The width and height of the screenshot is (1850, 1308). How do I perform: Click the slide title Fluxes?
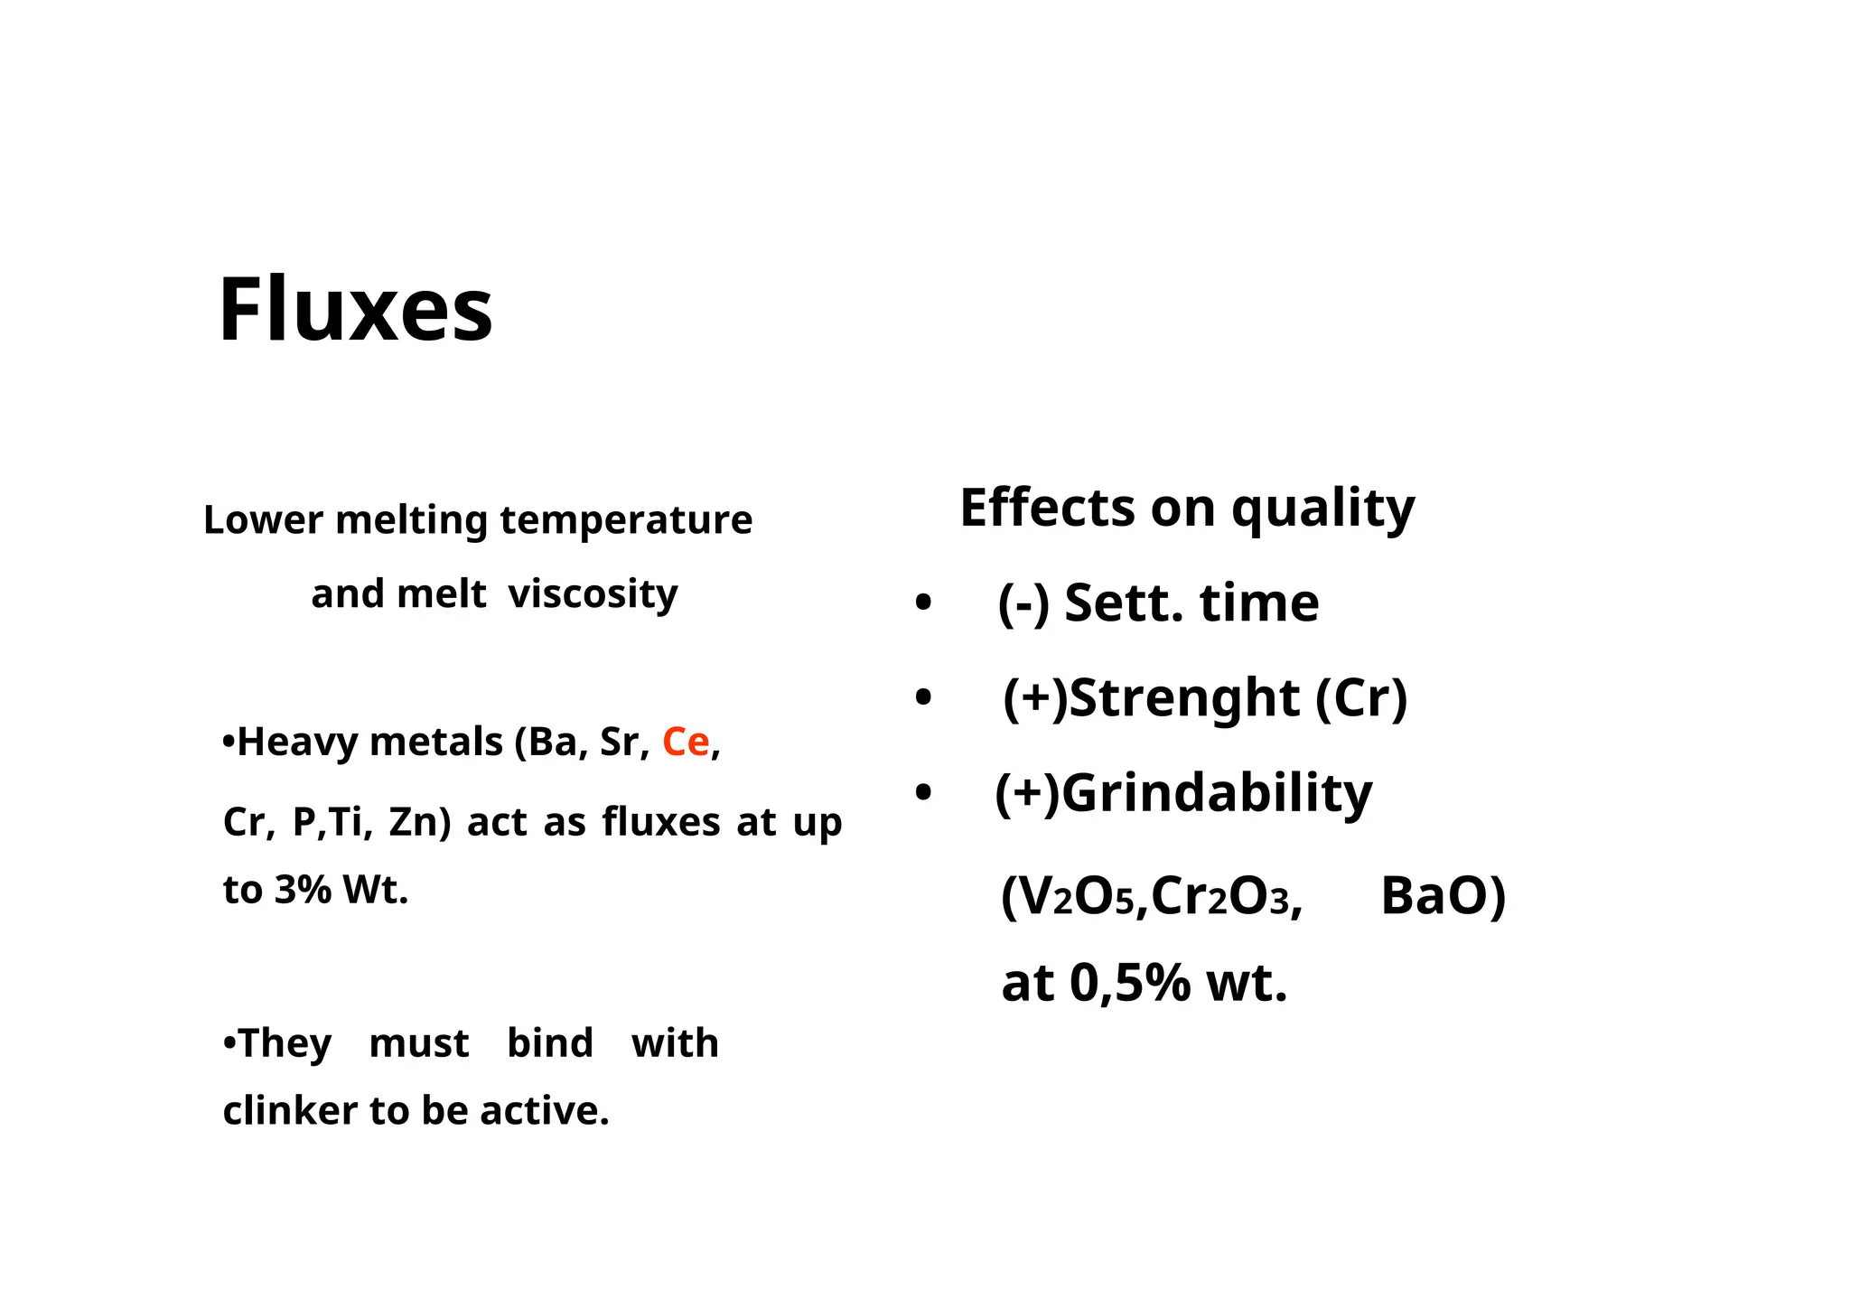coord(355,310)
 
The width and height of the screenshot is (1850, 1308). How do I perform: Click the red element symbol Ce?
coord(686,743)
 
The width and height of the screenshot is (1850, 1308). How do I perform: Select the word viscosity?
coord(593,594)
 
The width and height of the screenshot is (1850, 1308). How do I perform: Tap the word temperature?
coord(626,520)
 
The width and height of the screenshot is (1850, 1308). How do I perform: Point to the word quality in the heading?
coord(1323,509)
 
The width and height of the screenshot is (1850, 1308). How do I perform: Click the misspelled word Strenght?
coord(1183,698)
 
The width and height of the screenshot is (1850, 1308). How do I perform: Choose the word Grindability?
coord(1216,793)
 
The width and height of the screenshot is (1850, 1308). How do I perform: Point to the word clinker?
coord(289,1111)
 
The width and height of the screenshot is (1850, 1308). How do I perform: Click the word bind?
coord(549,1043)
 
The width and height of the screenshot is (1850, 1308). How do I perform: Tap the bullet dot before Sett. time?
coord(922,603)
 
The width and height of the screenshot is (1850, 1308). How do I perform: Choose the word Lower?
coord(263,520)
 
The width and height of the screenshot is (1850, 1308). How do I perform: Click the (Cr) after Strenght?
coord(1361,698)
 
